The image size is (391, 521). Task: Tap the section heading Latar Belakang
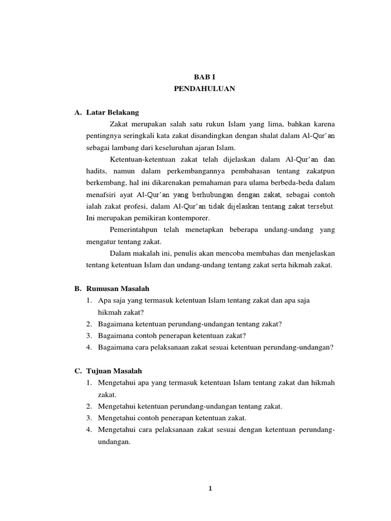point(113,112)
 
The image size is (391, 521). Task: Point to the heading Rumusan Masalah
point(118,288)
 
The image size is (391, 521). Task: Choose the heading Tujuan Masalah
point(115,371)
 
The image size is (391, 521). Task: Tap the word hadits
point(97,171)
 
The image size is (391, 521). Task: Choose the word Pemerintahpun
point(134,230)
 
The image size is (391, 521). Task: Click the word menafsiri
point(102,194)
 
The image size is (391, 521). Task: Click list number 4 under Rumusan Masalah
point(89,348)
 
